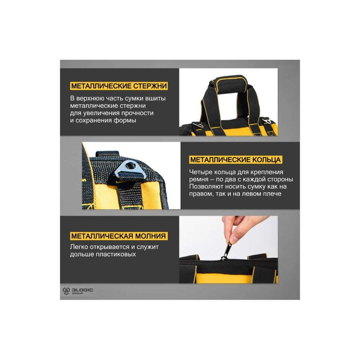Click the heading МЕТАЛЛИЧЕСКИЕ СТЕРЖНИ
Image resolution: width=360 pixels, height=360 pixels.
pyautogui.click(x=119, y=86)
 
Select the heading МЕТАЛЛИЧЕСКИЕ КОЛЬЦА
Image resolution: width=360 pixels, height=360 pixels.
pyautogui.click(x=235, y=160)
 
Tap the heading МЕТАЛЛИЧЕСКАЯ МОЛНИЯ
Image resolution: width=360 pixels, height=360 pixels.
pyautogui.click(x=118, y=236)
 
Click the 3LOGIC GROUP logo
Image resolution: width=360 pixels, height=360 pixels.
pyautogui.click(x=78, y=291)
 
